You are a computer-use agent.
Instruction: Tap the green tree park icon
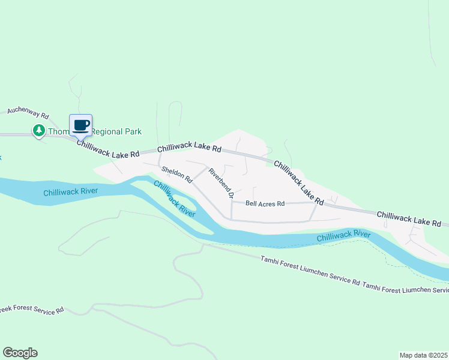[39, 130]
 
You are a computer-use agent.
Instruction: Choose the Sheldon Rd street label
[176, 175]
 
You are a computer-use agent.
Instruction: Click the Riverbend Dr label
[220, 182]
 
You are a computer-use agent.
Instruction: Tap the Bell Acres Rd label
[265, 204]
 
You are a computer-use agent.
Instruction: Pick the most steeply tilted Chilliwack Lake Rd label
[299, 181]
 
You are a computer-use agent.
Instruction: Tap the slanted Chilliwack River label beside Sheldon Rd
[174, 199]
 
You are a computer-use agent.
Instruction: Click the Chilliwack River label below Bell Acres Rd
[343, 235]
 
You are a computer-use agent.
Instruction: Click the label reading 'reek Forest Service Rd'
[32, 310]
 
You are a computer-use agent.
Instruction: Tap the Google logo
[20, 353]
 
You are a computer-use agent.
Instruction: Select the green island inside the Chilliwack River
[180, 207]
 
